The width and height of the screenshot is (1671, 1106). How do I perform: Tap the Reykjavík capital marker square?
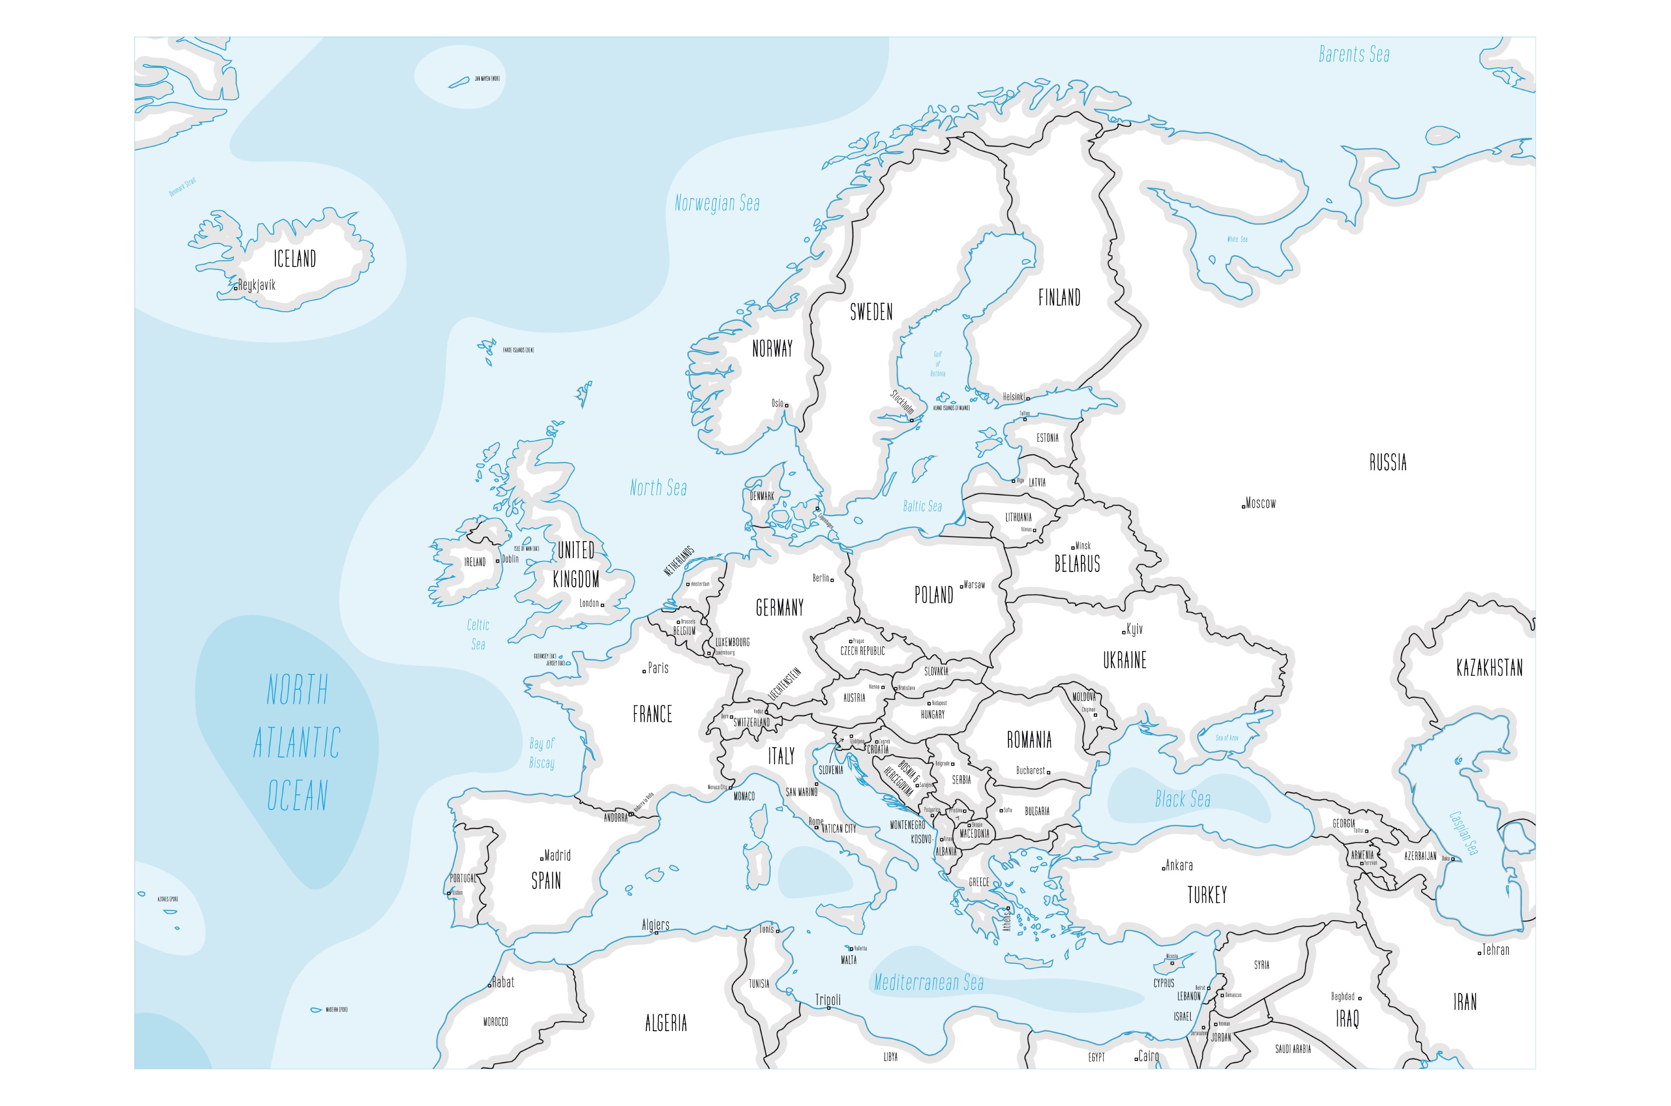coord(236,289)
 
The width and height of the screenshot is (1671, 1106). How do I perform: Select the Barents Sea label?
coord(1354,54)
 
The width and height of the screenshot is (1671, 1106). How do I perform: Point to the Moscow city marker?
coord(1243,506)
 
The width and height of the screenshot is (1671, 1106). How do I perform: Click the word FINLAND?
coord(1059,298)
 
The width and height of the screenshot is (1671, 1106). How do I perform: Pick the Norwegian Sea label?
coord(717,204)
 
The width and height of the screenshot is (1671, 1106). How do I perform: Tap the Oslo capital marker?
coord(786,406)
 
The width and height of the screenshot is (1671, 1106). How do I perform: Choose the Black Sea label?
coord(1182,799)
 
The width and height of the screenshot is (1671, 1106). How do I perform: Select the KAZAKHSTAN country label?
coord(1489,668)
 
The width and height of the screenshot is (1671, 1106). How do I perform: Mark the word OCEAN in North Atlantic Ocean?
coord(297,796)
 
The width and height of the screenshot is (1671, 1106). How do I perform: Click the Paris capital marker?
coord(644,671)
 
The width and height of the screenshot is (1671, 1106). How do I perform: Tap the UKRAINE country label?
coord(1124,661)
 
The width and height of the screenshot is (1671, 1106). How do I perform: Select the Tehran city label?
coord(1495,950)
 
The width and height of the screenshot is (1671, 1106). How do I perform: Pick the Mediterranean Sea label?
coord(928,983)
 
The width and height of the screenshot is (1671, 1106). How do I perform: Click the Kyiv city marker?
coord(1124,632)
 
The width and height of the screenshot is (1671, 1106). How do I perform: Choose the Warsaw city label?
coord(974,585)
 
